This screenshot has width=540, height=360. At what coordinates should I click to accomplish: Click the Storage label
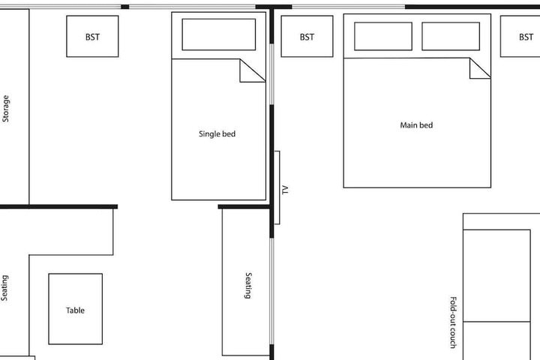click(6, 109)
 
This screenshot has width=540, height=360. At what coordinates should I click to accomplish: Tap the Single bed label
click(217, 133)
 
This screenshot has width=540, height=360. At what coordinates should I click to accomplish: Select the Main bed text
click(416, 125)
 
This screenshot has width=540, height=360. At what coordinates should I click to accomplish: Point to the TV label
click(285, 190)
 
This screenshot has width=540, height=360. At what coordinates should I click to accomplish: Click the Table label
click(75, 310)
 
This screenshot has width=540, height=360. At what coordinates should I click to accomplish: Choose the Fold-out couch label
click(454, 322)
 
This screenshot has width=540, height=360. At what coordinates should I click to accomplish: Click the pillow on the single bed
click(219, 34)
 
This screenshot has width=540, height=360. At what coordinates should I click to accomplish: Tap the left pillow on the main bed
click(383, 36)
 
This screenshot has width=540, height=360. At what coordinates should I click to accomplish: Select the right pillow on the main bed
click(451, 36)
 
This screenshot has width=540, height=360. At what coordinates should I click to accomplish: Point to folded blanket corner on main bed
click(477, 71)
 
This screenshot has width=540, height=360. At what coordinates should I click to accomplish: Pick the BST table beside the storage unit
click(92, 36)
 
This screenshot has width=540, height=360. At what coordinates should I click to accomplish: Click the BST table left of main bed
click(307, 36)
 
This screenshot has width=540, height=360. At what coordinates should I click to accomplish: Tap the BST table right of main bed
click(520, 36)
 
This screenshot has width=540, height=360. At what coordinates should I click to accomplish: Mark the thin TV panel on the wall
click(277, 187)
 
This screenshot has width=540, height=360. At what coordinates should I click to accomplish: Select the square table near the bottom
click(76, 309)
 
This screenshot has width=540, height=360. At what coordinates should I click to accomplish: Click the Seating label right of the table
click(248, 285)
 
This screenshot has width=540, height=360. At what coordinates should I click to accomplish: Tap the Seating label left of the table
click(4, 288)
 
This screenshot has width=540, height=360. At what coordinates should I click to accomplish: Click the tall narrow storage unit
click(14, 106)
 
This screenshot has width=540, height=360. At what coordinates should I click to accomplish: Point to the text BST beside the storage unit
click(92, 37)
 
